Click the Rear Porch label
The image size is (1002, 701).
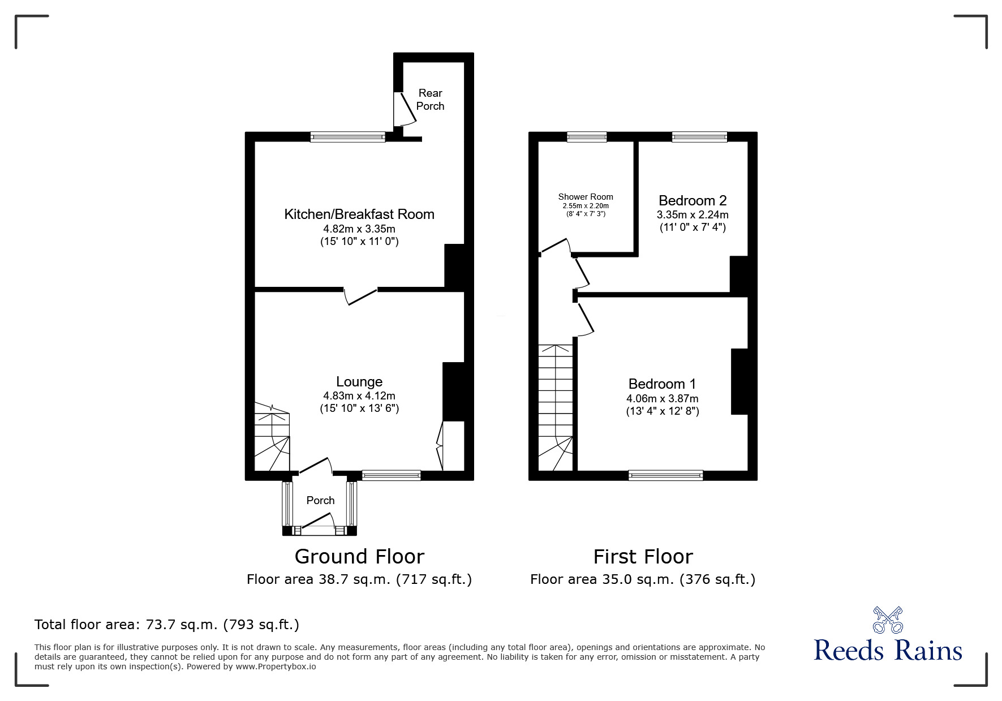430,100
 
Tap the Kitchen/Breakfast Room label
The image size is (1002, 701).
359,214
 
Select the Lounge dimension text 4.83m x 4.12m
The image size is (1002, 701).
359,396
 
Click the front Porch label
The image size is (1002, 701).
320,500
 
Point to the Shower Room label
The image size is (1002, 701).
586,197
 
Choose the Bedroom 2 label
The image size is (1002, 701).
693,200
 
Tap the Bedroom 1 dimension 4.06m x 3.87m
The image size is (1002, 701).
662,398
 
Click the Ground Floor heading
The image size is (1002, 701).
359,557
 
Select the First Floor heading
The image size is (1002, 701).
643,557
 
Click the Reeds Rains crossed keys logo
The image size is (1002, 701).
888,620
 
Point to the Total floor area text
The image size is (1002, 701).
167,625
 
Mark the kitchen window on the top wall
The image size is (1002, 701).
347,136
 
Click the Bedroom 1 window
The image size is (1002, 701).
665,475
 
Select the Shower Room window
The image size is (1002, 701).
587,136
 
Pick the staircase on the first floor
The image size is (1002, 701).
556,407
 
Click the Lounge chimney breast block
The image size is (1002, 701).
453,392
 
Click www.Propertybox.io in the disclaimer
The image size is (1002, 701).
276,666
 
